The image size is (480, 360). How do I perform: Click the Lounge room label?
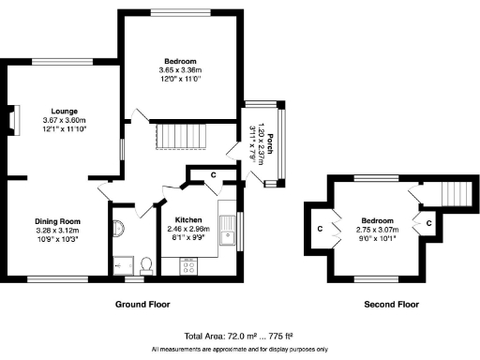tap(64, 111)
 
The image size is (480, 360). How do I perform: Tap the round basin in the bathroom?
tap(117, 229)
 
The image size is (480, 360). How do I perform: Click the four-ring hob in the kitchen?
tap(187, 266)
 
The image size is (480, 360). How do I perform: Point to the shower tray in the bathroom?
tap(119, 265)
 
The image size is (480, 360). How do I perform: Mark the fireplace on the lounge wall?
tap(13, 120)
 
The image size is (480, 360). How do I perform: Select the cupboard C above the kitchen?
tap(214, 174)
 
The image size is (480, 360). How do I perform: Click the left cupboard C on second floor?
tap(320, 228)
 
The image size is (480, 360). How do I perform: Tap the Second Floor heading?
tap(391, 305)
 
